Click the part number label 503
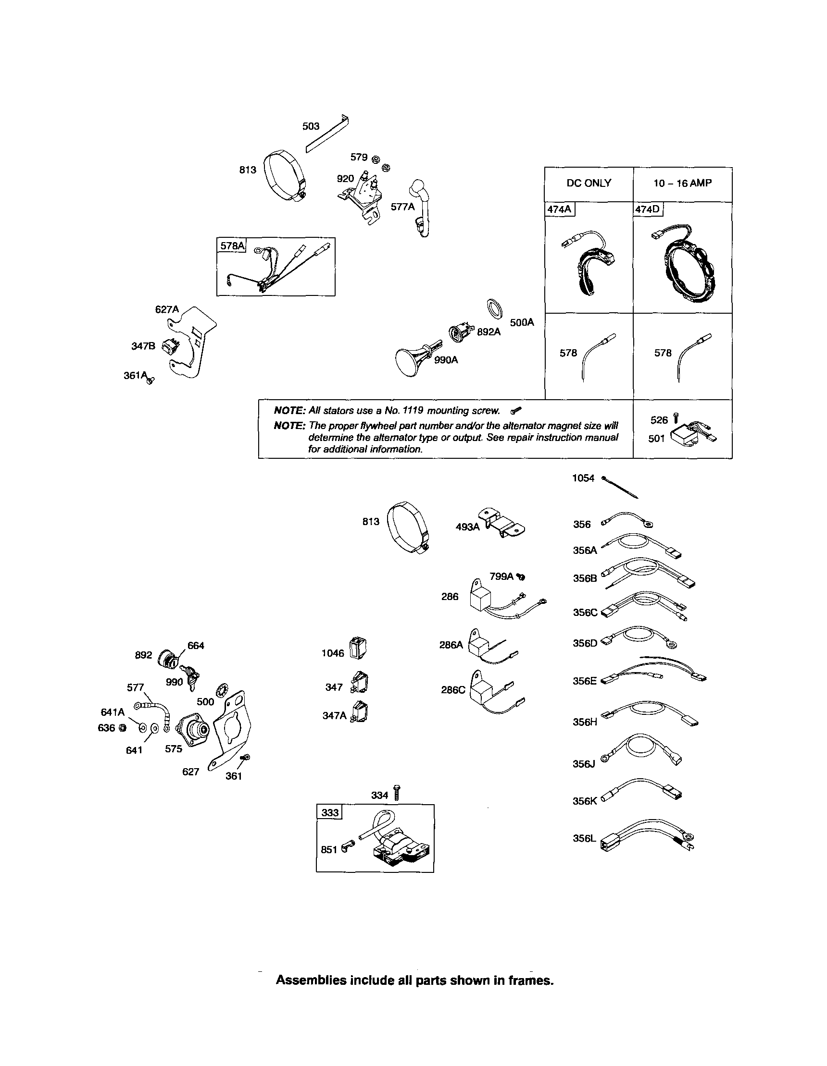point(311,126)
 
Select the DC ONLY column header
point(589,183)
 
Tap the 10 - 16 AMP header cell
point(682,183)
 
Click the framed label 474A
point(560,209)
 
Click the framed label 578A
point(232,245)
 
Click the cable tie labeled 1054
point(620,488)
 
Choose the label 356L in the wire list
point(584,839)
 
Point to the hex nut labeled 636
point(123,728)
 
